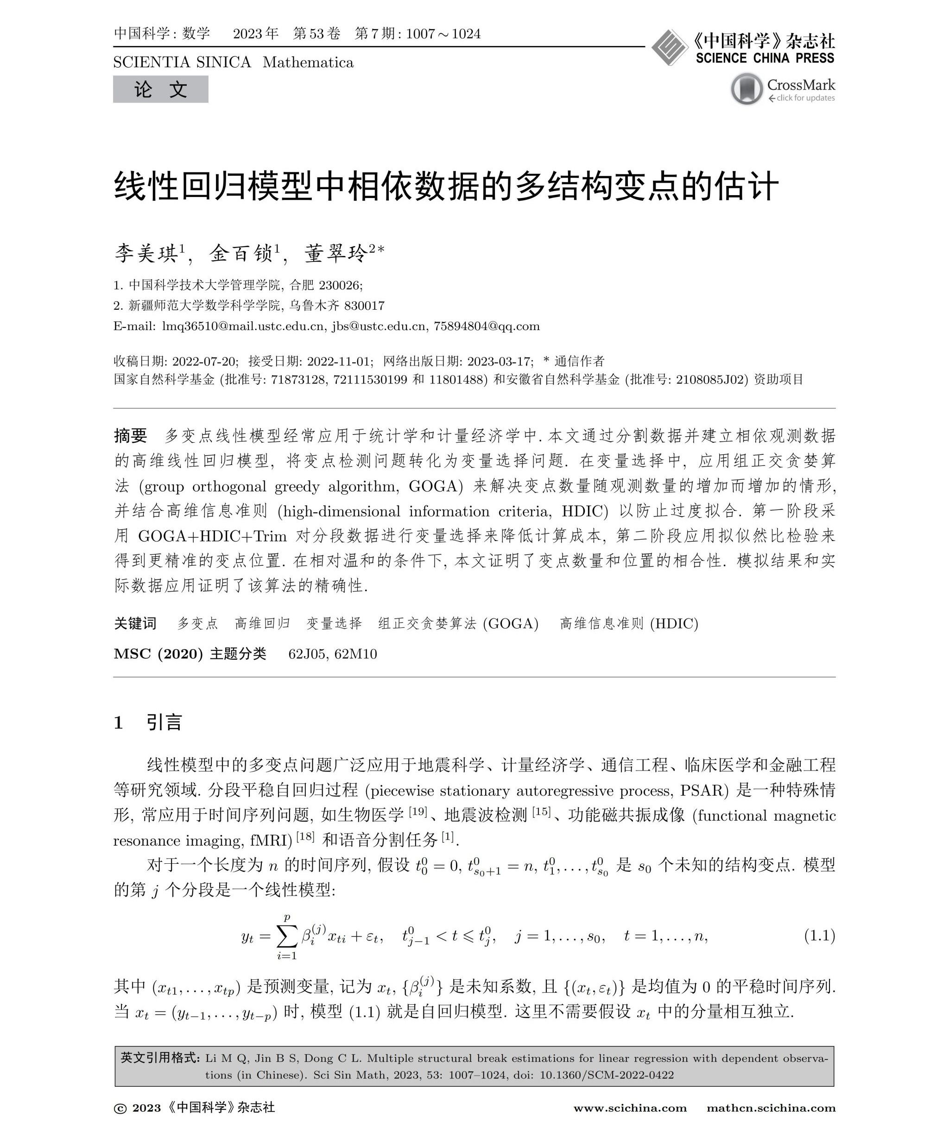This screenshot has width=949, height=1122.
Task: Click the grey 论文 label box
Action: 160,89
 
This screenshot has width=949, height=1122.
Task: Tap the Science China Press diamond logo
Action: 669,48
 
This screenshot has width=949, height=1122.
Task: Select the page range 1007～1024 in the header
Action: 443,34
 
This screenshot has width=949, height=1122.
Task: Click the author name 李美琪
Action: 146,254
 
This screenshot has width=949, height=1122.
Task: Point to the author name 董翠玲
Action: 336,254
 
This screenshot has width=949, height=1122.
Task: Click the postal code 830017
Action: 364,306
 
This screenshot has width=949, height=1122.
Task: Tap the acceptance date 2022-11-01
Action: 332,361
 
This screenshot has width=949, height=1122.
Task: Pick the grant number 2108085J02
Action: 712,380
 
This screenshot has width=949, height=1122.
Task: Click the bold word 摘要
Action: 130,435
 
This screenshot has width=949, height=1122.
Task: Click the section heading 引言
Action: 164,722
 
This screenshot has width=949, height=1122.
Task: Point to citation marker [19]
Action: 418,811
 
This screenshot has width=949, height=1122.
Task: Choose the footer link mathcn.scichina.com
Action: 771,1108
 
